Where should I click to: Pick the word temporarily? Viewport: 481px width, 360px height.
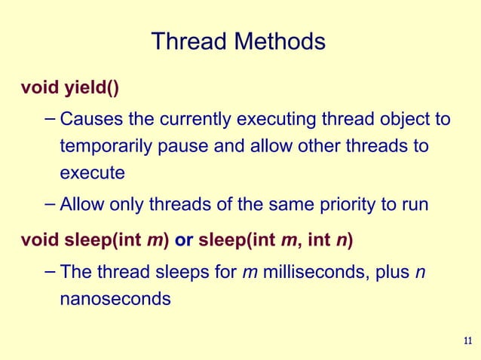coord(108,146)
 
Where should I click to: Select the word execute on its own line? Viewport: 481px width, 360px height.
coord(92,172)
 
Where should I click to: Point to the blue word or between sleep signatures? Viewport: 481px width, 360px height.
coord(185,241)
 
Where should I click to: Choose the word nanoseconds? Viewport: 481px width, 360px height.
coord(115,298)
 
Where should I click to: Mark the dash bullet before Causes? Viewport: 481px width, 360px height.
coord(49,118)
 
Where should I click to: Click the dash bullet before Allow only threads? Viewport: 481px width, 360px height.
coord(49,202)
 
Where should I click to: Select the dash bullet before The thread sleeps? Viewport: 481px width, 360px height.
coord(49,270)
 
